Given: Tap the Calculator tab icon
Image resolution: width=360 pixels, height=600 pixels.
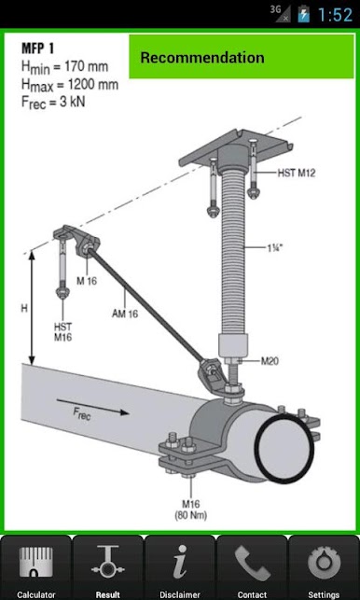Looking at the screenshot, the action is (36, 564).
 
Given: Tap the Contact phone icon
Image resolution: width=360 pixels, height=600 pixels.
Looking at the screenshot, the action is (252, 564).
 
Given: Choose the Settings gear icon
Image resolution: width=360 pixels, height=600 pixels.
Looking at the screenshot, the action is (324, 564).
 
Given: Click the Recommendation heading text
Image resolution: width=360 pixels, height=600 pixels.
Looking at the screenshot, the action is (202, 58).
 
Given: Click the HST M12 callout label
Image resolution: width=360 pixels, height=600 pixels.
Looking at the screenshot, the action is (297, 173).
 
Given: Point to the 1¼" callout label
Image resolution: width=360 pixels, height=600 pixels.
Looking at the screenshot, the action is (275, 247).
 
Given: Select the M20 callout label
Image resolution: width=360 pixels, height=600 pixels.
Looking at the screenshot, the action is (270, 360).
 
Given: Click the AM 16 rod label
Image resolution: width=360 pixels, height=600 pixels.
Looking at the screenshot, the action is (125, 314).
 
